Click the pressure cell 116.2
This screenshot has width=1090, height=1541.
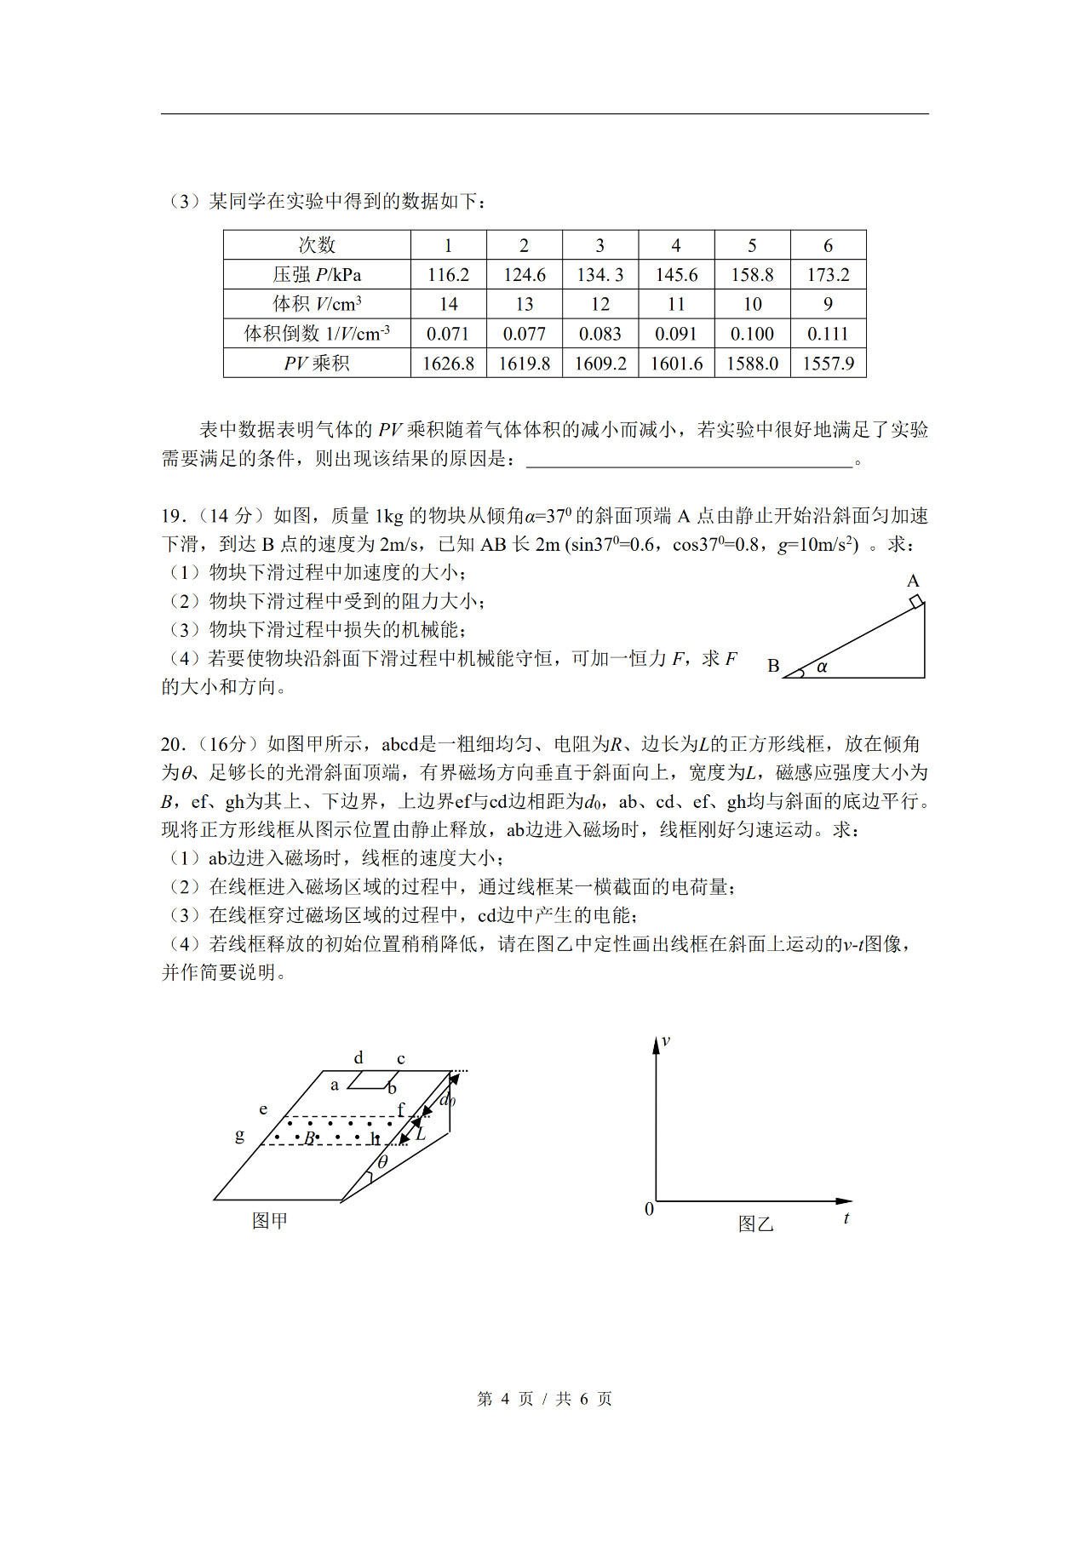pos(448,275)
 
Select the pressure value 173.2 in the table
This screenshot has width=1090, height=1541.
pos(828,275)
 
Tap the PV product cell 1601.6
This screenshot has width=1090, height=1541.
pos(676,364)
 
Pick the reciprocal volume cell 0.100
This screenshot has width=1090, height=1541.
pos(752,334)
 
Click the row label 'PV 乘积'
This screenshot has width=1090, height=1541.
pos(317,364)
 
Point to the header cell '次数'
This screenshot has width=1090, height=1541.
pos(317,245)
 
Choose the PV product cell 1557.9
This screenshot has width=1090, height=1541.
pos(828,364)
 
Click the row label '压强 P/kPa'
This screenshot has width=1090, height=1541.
pos(317,275)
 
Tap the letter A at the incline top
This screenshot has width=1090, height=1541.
pos(913,581)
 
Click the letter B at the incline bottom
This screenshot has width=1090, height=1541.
pos(773,666)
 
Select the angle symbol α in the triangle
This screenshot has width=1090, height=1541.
pos(822,667)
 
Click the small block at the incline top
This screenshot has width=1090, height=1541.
pos(915,602)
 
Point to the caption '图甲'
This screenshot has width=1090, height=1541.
pos(270,1221)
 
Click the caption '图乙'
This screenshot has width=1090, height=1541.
pos(755,1224)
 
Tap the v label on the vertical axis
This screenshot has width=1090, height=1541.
pos(666,1041)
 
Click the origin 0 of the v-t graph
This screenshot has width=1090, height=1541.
pos(649,1209)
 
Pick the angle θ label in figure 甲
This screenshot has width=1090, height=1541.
pos(382,1162)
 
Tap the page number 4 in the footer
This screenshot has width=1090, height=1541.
pos(504,1399)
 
